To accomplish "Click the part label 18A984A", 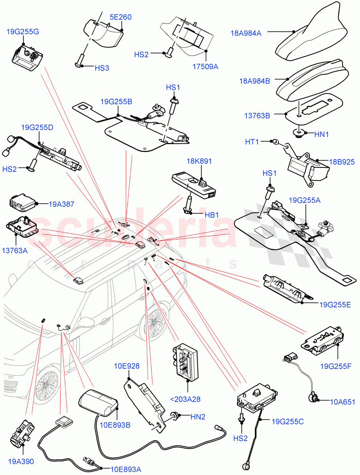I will point(246,34).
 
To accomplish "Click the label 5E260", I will point(120,17).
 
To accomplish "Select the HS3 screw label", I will point(102,68).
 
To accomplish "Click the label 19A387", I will point(62,205).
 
